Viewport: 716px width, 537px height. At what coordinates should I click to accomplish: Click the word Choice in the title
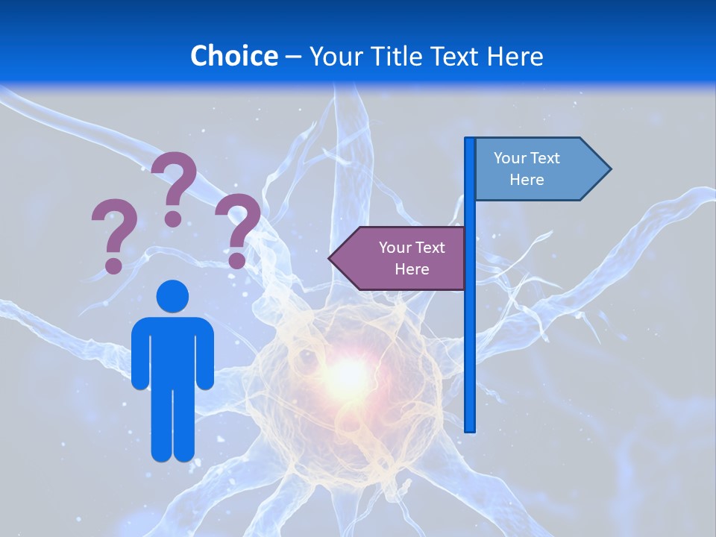pyautogui.click(x=233, y=56)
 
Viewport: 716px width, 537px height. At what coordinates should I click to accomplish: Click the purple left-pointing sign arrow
pyautogui.click(x=398, y=258)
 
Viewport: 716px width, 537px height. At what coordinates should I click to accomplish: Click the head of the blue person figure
pyautogui.click(x=172, y=296)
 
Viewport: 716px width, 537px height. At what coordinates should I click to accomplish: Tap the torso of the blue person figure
pyautogui.click(x=172, y=351)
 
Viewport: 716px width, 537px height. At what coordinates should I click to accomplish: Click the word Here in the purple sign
pyautogui.click(x=412, y=269)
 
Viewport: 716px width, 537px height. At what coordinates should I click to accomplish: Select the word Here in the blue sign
pyautogui.click(x=527, y=180)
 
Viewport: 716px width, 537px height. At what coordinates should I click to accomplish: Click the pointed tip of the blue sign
pyautogui.click(x=609, y=169)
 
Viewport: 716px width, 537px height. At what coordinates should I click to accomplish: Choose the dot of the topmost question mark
pyautogui.click(x=173, y=219)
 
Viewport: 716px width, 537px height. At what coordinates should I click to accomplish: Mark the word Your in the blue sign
pyautogui.click(x=510, y=158)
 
